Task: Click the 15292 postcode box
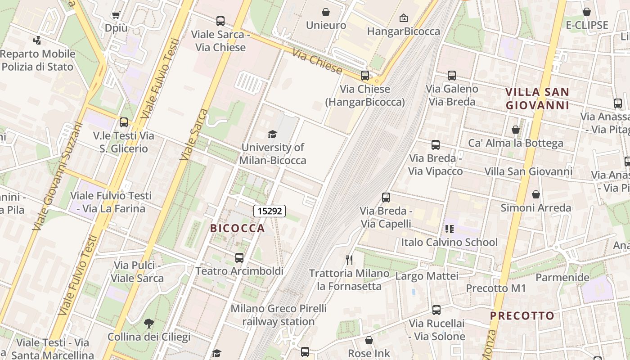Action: click(270, 211)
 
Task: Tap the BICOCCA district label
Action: click(238, 228)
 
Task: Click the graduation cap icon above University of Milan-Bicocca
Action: click(272, 134)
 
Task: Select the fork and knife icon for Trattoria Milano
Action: click(349, 260)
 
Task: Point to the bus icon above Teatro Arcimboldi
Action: click(239, 258)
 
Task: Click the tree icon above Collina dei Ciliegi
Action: click(148, 323)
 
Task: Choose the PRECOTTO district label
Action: click(522, 316)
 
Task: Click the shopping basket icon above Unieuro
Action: click(326, 12)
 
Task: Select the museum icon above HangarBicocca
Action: click(404, 18)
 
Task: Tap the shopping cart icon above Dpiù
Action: click(116, 15)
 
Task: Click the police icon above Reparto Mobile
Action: click(37, 40)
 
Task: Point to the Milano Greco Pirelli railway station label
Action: click(279, 315)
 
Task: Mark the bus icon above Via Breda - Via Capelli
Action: click(386, 198)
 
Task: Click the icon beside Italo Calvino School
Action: click(450, 229)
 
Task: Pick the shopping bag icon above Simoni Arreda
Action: click(536, 194)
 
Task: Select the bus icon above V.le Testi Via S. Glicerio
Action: click(124, 122)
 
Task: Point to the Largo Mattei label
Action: click(427, 276)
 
